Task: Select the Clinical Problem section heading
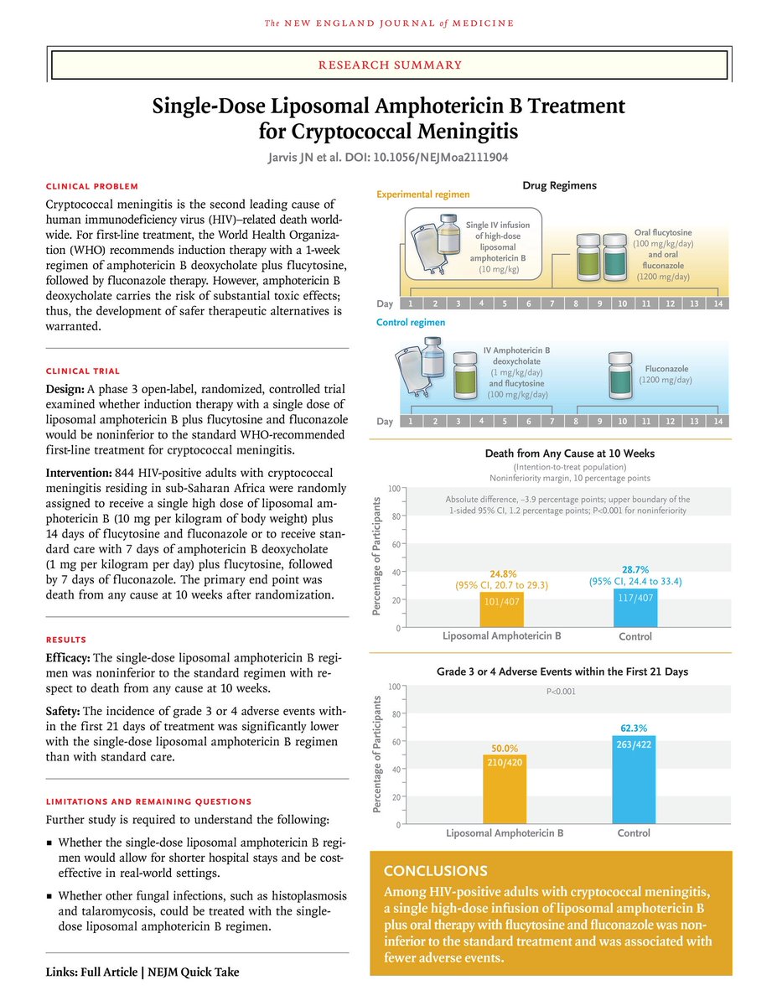click(92, 186)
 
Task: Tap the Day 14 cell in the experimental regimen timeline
click(717, 303)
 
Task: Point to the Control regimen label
click(411, 322)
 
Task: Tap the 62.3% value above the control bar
click(634, 729)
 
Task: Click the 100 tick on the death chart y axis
click(393, 488)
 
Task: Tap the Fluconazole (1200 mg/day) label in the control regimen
click(667, 374)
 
